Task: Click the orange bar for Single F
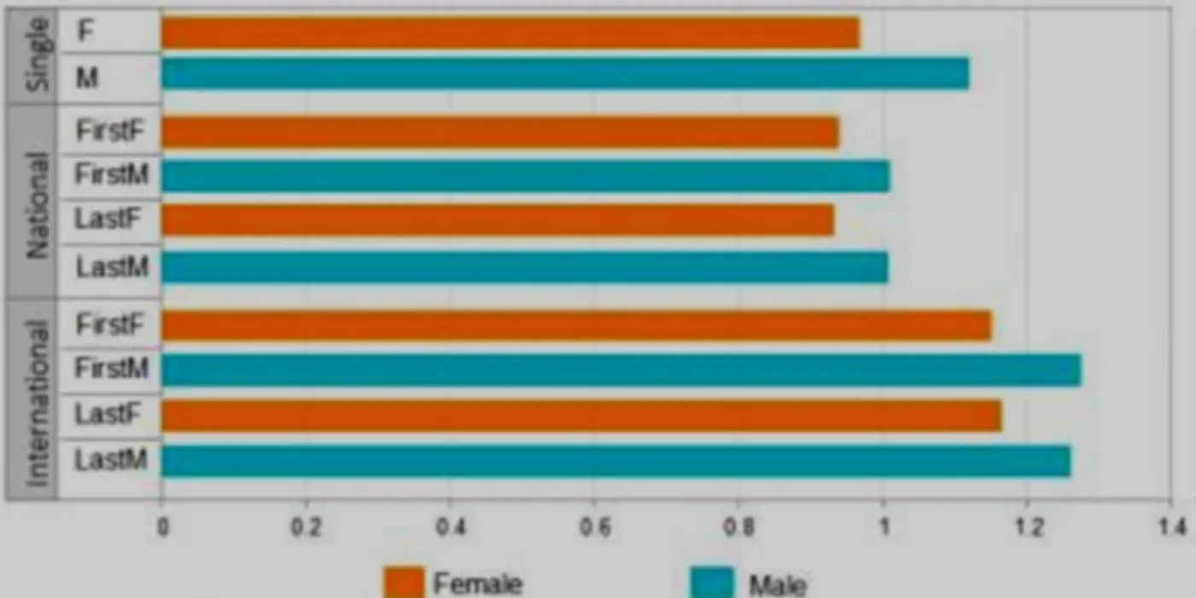coord(511,32)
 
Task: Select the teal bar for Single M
coord(566,73)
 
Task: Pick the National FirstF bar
coord(501,132)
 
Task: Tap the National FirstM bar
coord(526,176)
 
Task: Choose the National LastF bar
coord(497,220)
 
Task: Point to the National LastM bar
coord(525,267)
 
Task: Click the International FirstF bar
coord(577,325)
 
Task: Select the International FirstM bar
coord(622,369)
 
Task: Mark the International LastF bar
coord(582,415)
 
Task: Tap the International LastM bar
coord(616,460)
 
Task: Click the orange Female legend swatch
coord(404,582)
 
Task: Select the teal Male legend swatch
coord(712,582)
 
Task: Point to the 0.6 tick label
coord(595,528)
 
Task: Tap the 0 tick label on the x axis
coord(163,528)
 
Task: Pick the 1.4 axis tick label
coord(1171,528)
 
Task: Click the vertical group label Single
coord(38,55)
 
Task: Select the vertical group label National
coord(38,206)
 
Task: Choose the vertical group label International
coord(38,403)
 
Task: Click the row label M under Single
coord(87,78)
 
